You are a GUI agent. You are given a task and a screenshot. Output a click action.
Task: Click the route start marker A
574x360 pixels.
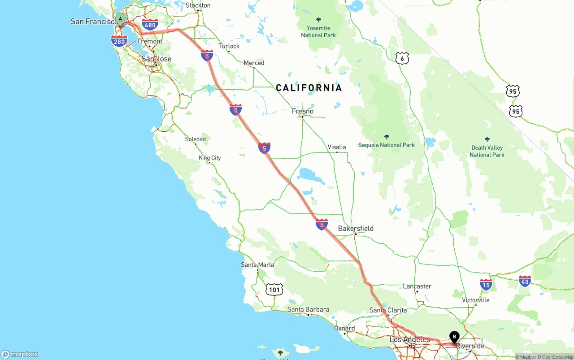coord(120,19)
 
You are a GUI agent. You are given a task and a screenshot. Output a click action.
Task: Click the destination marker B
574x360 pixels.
coord(454,337)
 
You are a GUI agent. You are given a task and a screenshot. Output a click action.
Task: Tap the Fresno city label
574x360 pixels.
coord(303,111)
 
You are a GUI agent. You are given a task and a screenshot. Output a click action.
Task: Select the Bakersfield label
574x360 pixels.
coord(356,229)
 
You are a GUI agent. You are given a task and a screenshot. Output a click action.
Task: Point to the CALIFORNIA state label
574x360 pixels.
coord(309,88)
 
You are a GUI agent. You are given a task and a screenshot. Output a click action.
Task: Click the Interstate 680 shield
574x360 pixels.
coord(150,25)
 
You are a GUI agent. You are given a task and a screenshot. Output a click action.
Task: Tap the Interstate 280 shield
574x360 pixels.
coord(119,42)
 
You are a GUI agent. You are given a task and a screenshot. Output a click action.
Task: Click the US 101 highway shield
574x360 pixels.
coord(274,290)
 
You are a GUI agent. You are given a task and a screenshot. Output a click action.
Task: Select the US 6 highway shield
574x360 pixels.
coord(402,58)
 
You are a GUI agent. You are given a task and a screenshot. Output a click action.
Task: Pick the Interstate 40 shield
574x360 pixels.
coord(525,282)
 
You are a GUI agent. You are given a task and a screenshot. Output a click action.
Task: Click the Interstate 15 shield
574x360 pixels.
coord(486,284)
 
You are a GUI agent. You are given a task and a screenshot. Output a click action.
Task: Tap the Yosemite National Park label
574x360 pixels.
coord(318,31)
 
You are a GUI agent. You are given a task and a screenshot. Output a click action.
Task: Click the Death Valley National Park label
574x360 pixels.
coord(487,151)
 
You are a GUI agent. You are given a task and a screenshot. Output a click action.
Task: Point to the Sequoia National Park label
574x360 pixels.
coord(387,145)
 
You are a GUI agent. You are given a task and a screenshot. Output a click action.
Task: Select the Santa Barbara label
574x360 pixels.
coord(308,309)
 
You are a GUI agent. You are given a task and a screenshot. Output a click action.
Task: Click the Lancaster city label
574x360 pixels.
coord(417,286)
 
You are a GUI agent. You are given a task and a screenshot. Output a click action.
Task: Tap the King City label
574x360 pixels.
coord(210,158)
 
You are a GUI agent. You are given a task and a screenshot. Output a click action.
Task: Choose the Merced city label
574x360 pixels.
coord(254,63)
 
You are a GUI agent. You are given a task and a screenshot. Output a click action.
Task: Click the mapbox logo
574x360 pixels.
coord(20,354)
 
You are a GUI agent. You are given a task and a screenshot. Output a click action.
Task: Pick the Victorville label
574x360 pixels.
coord(475,300)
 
